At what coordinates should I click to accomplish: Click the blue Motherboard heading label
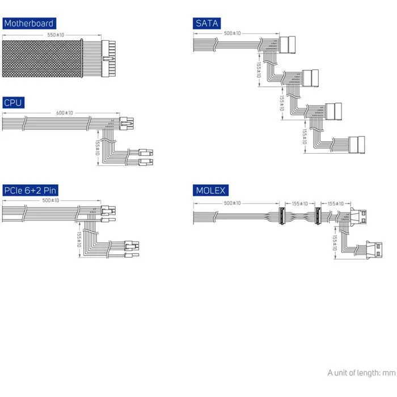tap(29, 23)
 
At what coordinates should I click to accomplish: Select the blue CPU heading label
tap(14, 103)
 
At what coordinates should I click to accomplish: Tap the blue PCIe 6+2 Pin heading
tap(31, 190)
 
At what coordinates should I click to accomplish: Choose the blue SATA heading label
tap(206, 23)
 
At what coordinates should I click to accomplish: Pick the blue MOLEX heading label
tap(210, 190)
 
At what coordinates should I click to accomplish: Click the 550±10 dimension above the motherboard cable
tap(56, 35)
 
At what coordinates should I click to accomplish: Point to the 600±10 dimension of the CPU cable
tap(65, 113)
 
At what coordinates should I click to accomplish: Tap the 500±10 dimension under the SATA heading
tap(233, 33)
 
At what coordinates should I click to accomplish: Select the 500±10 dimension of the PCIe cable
tap(50, 200)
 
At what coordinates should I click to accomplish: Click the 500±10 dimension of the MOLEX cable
tap(233, 203)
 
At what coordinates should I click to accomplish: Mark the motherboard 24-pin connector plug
tap(108, 58)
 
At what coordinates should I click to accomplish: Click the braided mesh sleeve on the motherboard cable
tap(42, 58)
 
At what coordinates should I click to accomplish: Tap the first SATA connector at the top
tap(288, 45)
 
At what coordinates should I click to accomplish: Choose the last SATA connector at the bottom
tap(357, 145)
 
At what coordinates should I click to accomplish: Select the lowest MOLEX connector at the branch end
tap(374, 250)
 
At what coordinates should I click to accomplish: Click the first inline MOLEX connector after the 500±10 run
tap(282, 216)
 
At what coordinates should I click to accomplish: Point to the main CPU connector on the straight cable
tap(126, 124)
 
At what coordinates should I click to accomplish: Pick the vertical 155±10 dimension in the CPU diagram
tap(98, 147)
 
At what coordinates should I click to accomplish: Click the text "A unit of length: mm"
tap(361, 373)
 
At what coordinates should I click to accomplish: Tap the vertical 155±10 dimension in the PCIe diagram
tap(79, 239)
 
